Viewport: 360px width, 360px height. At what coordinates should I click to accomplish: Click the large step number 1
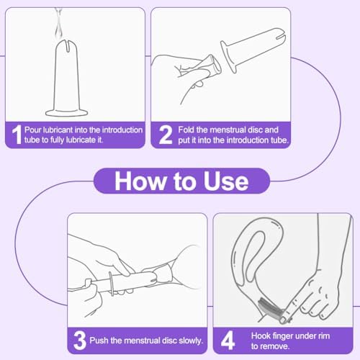(x=17, y=135)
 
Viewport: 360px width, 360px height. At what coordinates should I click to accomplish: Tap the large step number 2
(x=166, y=135)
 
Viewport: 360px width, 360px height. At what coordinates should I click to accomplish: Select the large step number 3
(x=80, y=341)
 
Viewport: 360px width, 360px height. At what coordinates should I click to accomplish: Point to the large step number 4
(x=228, y=341)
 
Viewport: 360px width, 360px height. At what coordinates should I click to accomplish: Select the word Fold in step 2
(x=186, y=130)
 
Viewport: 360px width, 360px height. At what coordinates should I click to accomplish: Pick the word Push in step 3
(x=99, y=341)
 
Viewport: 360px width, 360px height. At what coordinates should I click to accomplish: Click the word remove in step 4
(x=275, y=346)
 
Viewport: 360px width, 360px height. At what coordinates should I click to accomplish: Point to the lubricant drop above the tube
(x=58, y=27)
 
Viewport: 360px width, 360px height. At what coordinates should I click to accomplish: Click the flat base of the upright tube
(x=66, y=113)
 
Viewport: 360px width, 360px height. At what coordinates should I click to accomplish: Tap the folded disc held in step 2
(x=206, y=66)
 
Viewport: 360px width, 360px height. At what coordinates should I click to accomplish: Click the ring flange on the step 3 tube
(x=112, y=283)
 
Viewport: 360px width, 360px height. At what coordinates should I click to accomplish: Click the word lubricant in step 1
(x=58, y=130)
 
